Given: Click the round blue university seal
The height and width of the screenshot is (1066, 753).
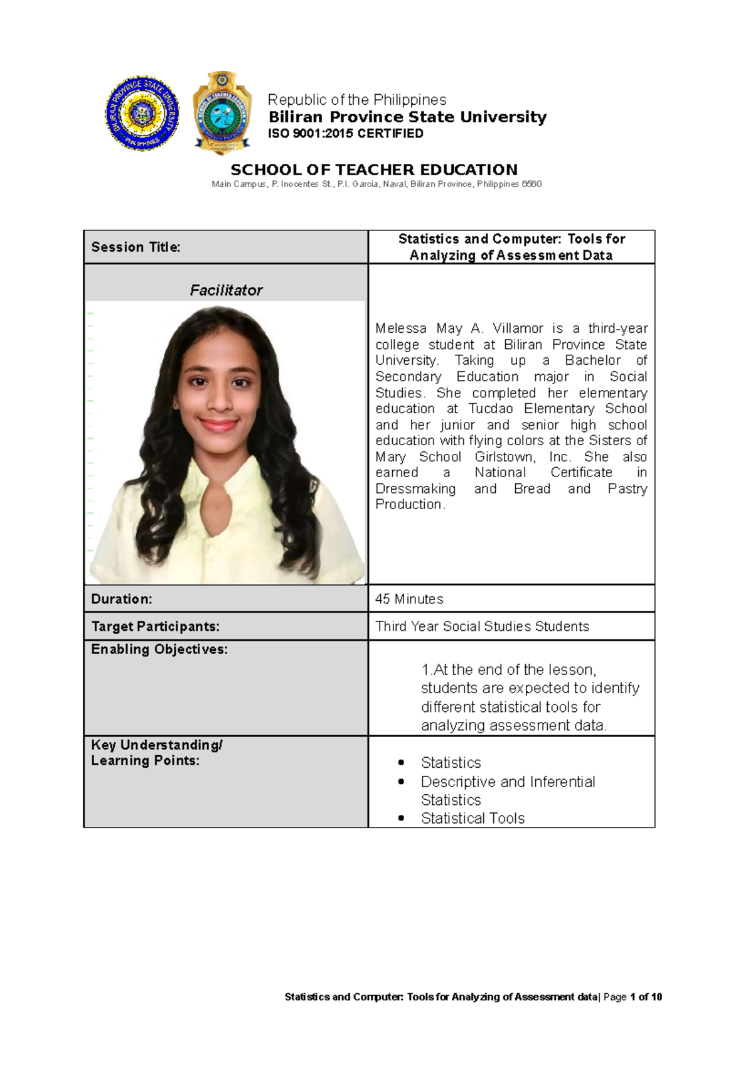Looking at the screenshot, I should (x=142, y=114).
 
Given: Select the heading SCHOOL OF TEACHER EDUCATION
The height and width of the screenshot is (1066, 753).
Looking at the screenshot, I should (x=374, y=170).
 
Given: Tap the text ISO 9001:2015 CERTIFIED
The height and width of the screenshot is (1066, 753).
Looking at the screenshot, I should (x=346, y=133).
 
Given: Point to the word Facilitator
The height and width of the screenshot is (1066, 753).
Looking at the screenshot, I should (x=226, y=290).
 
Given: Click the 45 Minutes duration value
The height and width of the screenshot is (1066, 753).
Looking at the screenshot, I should (x=409, y=599).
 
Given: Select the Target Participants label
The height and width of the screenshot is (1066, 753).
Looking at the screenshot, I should (x=156, y=627).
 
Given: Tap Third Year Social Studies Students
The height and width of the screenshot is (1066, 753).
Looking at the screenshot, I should (x=482, y=627).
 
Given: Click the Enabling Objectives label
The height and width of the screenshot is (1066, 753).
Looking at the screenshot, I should (x=159, y=649).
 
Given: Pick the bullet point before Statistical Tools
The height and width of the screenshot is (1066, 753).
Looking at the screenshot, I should (x=401, y=819).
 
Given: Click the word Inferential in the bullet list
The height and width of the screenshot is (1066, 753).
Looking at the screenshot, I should (x=562, y=782).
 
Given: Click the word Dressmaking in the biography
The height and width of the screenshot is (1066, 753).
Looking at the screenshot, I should (x=415, y=488).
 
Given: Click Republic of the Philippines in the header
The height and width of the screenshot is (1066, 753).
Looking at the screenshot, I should (x=357, y=100).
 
